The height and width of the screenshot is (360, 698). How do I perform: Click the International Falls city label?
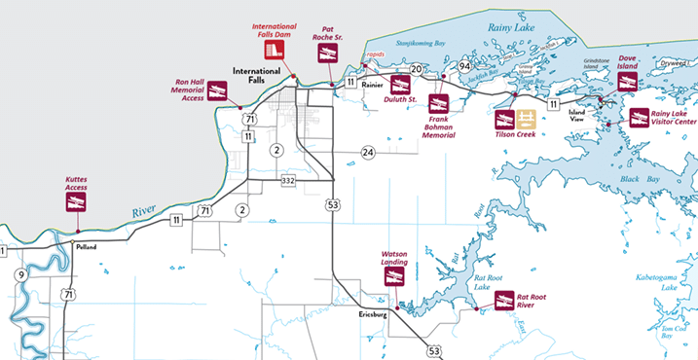coord(256,76)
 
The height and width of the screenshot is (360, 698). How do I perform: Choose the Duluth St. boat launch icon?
coord(400,85)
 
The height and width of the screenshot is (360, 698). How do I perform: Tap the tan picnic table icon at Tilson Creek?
coord(527,120)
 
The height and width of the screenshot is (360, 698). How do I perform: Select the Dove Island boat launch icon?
coord(627,81)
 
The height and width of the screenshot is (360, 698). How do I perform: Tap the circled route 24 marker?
coord(368,152)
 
